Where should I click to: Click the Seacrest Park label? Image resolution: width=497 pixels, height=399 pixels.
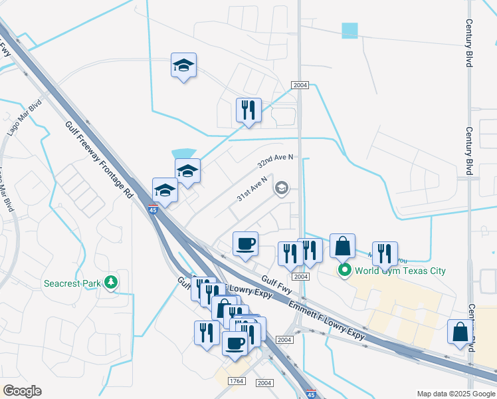(x=72, y=283)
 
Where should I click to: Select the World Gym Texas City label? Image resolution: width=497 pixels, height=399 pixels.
(x=400, y=271)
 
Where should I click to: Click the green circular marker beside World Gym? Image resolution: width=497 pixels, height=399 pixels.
(x=344, y=270)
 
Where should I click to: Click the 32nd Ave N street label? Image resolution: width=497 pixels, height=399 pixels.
(x=275, y=161)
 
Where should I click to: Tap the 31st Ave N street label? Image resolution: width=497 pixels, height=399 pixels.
(x=252, y=189)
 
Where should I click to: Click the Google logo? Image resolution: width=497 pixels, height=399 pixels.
(x=22, y=391)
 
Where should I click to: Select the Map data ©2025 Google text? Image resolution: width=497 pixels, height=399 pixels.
(x=456, y=394)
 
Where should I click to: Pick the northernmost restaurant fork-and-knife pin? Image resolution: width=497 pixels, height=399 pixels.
(x=248, y=110)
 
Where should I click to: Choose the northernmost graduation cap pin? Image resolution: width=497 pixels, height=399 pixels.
(x=183, y=65)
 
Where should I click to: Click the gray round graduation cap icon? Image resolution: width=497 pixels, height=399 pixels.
(x=282, y=189)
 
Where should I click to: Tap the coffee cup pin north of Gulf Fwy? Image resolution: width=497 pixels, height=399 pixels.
(x=245, y=243)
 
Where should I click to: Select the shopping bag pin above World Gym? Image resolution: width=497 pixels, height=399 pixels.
(x=342, y=246)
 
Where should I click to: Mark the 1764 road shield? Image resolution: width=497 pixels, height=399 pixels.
(x=236, y=381)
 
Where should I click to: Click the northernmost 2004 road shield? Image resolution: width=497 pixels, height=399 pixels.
(x=300, y=85)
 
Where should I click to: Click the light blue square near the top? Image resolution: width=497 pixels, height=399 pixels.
(x=349, y=31)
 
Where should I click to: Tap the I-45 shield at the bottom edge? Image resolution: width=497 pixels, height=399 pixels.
(x=312, y=394)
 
